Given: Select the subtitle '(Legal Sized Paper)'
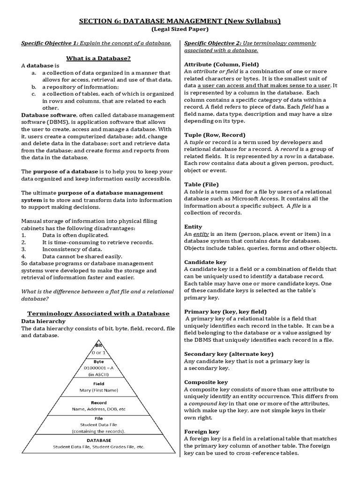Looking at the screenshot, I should tap(180, 30).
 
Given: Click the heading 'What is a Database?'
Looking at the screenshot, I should tap(98, 58).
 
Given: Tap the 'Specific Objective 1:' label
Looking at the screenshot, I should tap(50, 44).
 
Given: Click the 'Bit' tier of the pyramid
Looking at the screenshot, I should tap(98, 345).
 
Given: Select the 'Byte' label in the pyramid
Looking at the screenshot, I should tap(98, 361).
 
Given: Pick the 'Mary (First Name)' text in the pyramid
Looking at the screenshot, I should tap(98, 389).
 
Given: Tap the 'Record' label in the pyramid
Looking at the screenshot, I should tap(98, 402).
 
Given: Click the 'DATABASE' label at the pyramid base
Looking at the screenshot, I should tap(98, 440).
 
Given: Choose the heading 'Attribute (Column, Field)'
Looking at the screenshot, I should tap(221, 64).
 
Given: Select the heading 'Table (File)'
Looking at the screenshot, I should tap(201, 184).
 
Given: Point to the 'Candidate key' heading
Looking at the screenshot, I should tap(205, 262).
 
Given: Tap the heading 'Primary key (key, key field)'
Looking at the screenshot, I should tap(225, 311).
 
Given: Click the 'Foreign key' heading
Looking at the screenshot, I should tap(202, 431).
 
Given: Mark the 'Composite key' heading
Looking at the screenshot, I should tap(206, 382).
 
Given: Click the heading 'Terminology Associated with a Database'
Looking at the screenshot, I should tap(98, 313).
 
